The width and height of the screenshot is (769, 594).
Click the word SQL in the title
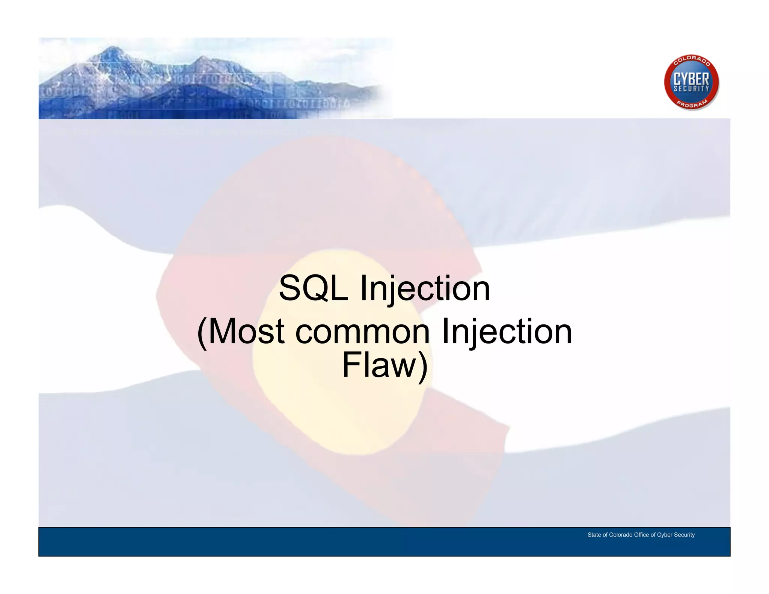(314, 288)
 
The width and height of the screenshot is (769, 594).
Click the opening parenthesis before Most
(202, 332)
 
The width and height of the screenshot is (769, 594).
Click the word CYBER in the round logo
(691, 79)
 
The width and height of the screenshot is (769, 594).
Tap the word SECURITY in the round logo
(691, 89)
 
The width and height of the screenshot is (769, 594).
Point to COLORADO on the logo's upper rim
(691, 60)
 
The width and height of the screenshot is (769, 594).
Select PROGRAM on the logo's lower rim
(692, 104)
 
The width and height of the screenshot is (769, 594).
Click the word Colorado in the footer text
(621, 535)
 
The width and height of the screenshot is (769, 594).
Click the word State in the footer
(594, 535)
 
